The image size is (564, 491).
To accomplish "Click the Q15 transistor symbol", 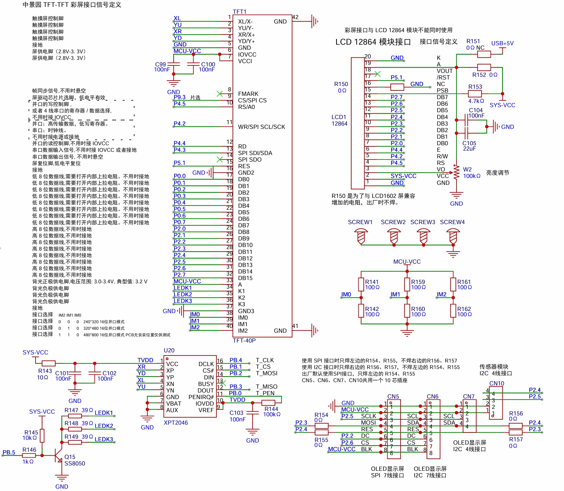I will (x=59, y=455).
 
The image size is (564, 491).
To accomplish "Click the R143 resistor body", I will (x=49, y=363).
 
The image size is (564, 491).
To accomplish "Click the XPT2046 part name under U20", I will (x=176, y=423).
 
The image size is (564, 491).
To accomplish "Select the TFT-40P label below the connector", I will (x=244, y=340).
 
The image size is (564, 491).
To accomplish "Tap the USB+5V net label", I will (x=502, y=43).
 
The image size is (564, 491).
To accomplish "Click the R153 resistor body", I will (x=475, y=94).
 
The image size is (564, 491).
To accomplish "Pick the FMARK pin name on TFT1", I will (x=248, y=94).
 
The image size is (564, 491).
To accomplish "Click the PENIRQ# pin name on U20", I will (x=201, y=397).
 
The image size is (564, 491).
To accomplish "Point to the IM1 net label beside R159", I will (x=395, y=294).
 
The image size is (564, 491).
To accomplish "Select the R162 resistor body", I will (x=453, y=311).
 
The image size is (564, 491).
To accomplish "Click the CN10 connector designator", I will (x=496, y=383).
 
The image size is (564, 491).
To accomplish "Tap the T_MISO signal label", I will (x=266, y=387).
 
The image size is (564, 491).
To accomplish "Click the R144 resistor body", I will (x=268, y=403).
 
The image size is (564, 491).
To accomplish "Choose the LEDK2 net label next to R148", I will (x=104, y=426).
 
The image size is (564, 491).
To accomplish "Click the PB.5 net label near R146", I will (x=9, y=452).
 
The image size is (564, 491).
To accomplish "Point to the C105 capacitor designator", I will (x=469, y=143).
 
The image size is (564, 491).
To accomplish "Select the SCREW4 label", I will (x=452, y=222).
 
